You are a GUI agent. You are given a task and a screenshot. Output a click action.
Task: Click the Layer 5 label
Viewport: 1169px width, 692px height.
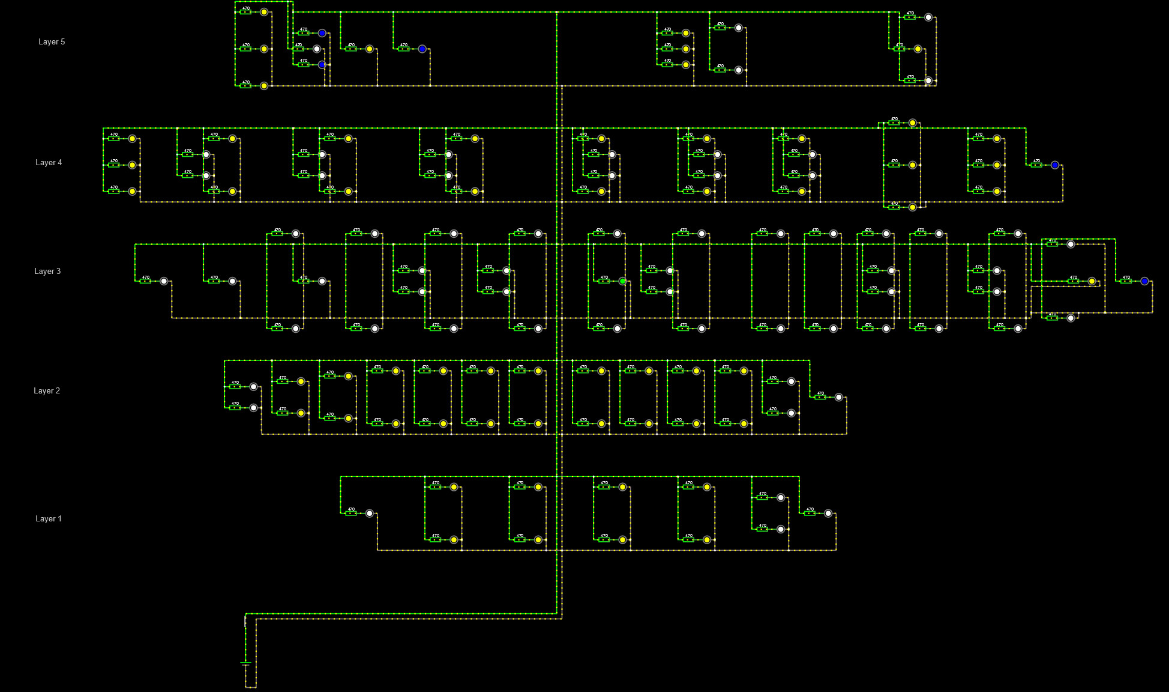tap(52, 42)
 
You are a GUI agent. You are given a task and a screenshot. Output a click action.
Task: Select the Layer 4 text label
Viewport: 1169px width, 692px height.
tap(49, 163)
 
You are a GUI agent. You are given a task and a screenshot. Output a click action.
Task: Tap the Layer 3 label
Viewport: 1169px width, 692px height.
tap(47, 272)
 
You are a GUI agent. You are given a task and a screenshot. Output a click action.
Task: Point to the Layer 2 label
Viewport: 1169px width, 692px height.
tap(47, 391)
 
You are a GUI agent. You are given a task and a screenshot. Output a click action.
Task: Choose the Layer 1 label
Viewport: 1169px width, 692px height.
tap(49, 519)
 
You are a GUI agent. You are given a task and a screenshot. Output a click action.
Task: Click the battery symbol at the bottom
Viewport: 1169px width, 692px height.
tap(245, 664)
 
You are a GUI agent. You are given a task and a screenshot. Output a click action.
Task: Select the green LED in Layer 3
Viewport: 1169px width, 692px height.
tap(623, 281)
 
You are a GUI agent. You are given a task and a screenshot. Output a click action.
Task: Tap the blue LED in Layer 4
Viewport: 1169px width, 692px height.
tap(1055, 165)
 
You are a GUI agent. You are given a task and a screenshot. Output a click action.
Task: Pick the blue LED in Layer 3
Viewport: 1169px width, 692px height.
tap(1144, 281)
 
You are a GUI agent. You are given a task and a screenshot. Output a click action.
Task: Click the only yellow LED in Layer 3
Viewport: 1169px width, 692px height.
tap(1092, 281)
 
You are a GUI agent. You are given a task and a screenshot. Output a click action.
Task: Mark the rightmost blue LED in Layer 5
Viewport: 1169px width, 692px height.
tap(422, 49)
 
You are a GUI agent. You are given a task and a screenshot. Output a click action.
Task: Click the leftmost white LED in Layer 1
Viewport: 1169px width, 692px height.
tap(370, 514)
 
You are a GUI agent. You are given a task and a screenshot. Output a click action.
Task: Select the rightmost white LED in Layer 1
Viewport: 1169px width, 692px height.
tap(828, 514)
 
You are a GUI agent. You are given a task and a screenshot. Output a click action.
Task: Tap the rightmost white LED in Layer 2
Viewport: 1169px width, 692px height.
tap(839, 398)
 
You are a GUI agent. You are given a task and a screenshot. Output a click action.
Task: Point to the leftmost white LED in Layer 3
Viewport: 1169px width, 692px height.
tap(164, 281)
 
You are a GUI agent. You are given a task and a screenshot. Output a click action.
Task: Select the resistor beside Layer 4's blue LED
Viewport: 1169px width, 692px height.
tap(1036, 165)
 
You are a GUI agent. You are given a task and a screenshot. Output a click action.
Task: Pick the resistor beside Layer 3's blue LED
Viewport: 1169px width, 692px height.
tap(1126, 281)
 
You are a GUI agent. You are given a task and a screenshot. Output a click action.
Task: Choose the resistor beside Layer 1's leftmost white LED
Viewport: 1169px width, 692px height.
tap(351, 514)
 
